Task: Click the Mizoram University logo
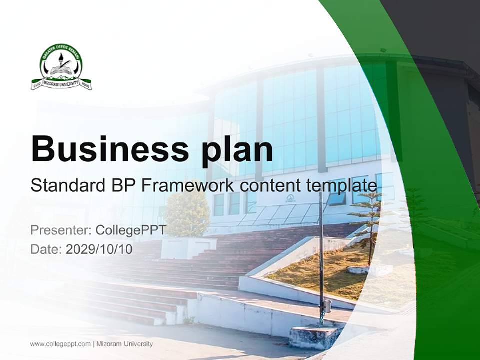pyautogui.click(x=61, y=67)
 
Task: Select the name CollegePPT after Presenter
pyautogui.click(x=130, y=230)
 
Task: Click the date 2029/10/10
pyautogui.click(x=99, y=249)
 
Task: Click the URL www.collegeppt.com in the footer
pyautogui.click(x=60, y=344)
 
